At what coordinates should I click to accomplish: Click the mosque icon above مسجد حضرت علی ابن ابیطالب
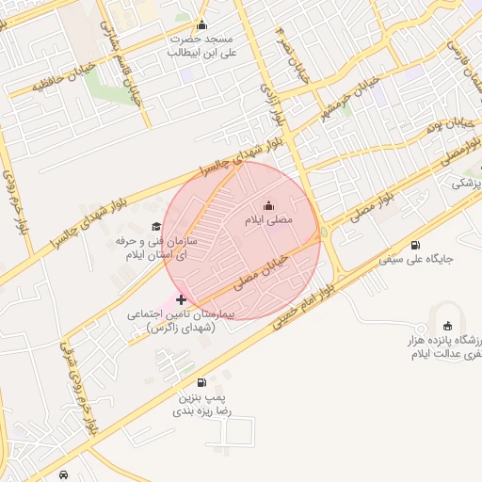pos(201,25)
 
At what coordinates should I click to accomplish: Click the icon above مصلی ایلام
pos(269,206)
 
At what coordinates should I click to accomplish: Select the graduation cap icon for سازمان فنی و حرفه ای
pos(155,227)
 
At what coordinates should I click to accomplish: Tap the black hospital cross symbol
pos(182,299)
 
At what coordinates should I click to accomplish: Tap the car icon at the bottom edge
pos(63,474)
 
